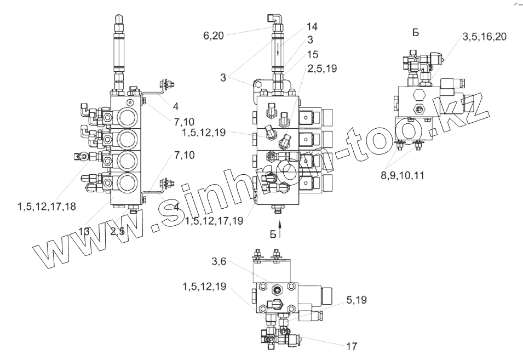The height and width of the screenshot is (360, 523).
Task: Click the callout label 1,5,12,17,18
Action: (x=46, y=207)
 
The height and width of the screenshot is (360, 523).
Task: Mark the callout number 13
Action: (x=83, y=231)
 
